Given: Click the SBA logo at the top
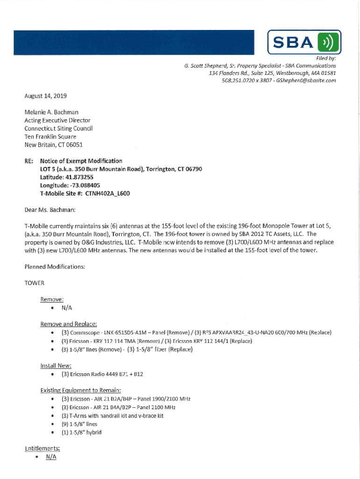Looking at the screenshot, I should point(303,43).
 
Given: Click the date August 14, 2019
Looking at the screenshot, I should point(45,96).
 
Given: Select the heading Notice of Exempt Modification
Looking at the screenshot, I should point(81,161).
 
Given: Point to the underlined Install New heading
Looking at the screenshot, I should point(56,365).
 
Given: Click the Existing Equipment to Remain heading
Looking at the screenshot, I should point(81,390).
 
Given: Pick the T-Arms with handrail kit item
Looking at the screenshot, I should point(112,415).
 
